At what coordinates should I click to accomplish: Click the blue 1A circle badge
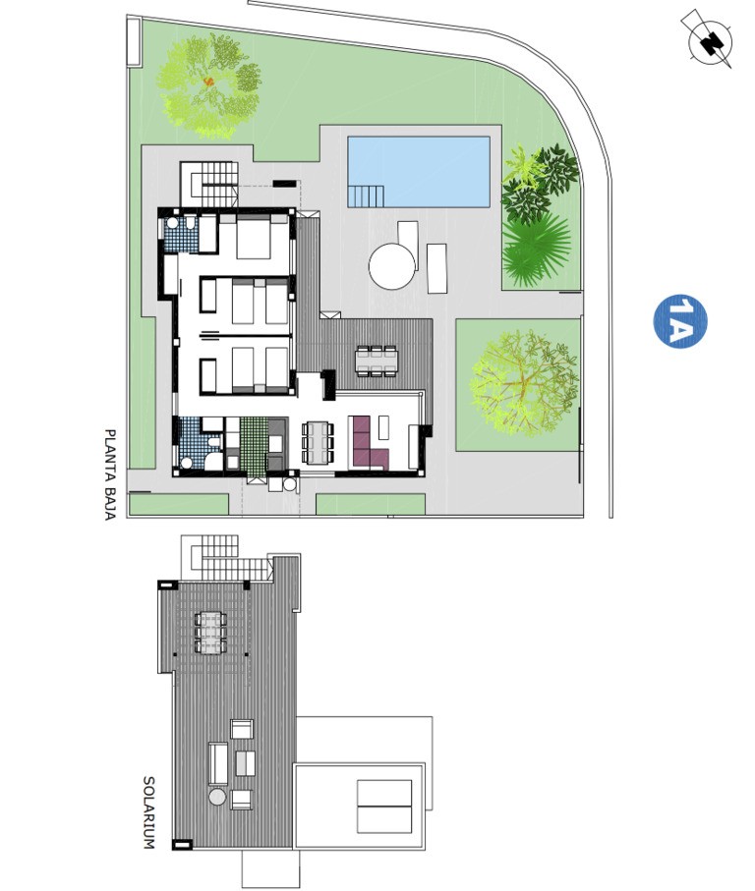pos(680,321)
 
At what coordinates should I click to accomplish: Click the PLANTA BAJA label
pos(110,474)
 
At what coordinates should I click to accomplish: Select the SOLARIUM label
pos(148,812)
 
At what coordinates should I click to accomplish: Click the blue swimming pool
pos(419,172)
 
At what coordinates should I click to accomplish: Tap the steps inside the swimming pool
pos(366,196)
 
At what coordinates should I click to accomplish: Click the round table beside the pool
pos(391,266)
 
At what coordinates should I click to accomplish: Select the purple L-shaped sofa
pos(369,443)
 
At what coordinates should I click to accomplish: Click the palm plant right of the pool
pos(536,249)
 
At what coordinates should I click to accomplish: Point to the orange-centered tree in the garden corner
pos(208,85)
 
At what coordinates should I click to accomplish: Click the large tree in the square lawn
pos(524,383)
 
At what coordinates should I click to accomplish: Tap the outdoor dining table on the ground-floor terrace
pos(377,361)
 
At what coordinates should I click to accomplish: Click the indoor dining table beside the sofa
pos(318,443)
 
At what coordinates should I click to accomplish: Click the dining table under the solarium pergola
pos(211,633)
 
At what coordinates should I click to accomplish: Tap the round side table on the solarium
pos(217,796)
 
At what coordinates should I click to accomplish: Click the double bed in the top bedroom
pos(254,237)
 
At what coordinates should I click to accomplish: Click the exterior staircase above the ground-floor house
pos(208,184)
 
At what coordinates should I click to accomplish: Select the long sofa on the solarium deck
pos(218,763)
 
